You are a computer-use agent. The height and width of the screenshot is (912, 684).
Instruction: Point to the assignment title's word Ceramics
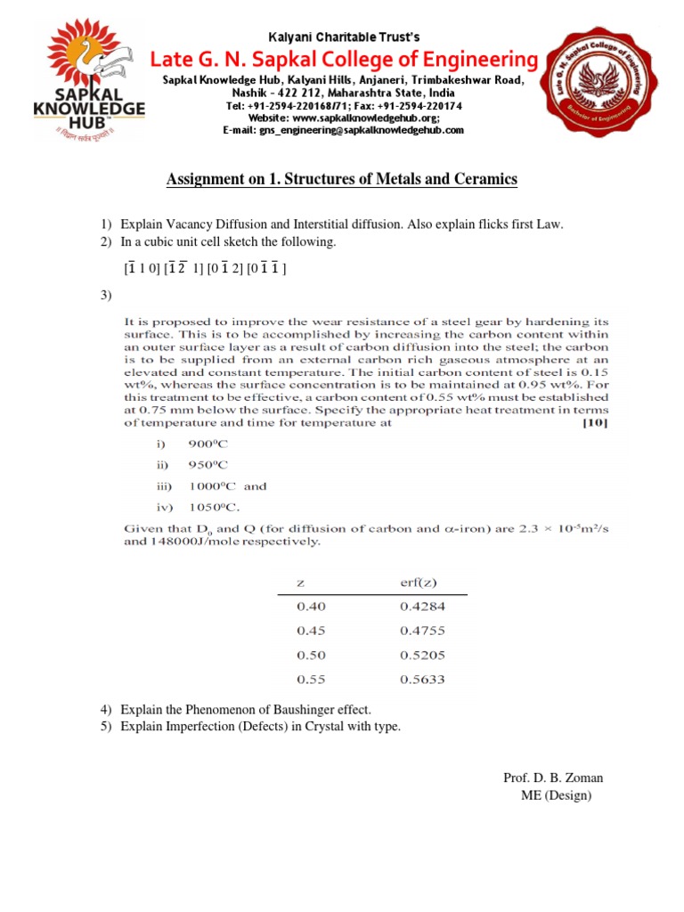(x=486, y=180)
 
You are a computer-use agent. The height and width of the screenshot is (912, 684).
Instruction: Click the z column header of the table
(x=301, y=582)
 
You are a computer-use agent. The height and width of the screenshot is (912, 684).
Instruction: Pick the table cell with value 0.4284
(x=421, y=607)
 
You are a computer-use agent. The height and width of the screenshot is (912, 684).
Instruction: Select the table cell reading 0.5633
(x=421, y=680)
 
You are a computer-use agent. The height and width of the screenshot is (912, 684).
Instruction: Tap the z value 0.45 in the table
(x=311, y=631)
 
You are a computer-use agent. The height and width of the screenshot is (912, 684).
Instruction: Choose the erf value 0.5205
(x=421, y=655)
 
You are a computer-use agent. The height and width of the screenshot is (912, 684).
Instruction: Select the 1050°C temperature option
(x=213, y=508)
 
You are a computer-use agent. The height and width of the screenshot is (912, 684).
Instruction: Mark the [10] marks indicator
(x=594, y=424)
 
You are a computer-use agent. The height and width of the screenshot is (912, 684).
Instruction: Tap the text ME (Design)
(x=556, y=795)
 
